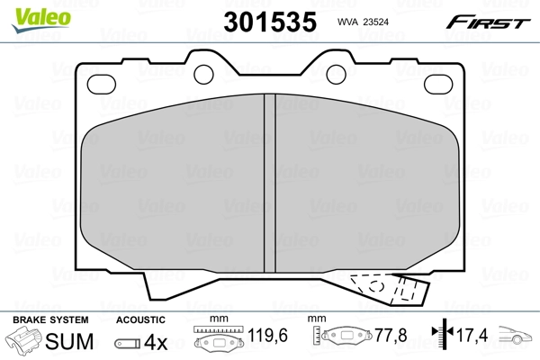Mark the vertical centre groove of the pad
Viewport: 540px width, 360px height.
268,180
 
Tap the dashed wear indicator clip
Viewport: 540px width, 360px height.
387,289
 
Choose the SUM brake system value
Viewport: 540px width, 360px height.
69,342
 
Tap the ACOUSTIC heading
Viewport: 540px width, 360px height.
140,320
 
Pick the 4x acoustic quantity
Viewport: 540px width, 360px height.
157,342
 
